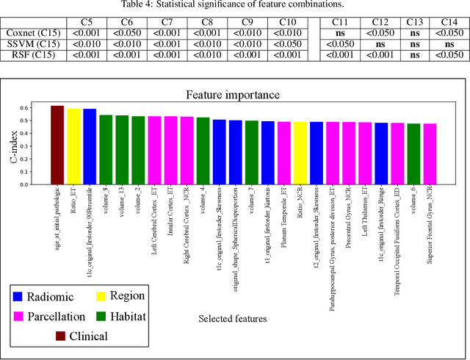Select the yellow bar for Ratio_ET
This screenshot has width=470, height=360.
73,146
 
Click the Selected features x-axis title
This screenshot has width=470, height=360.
233,319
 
